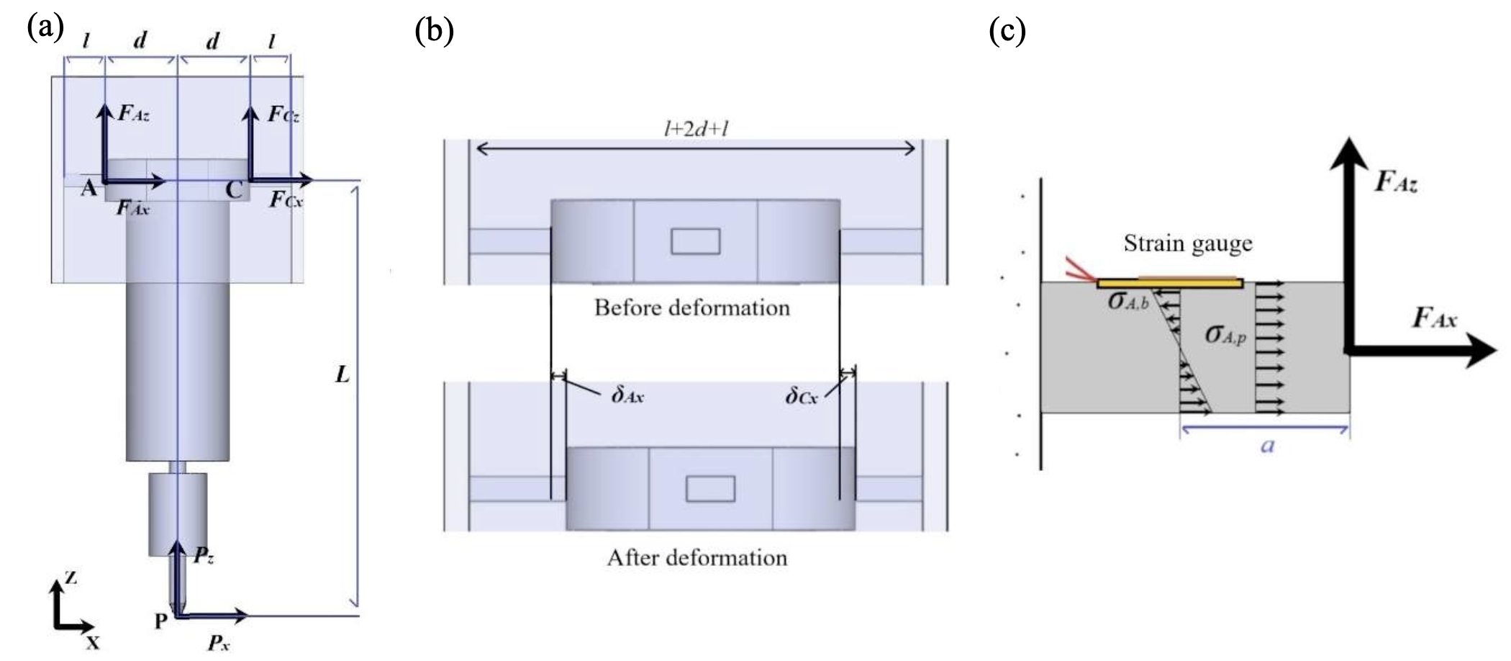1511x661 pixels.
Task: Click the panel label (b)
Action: (435, 31)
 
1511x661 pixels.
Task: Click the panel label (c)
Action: (1007, 31)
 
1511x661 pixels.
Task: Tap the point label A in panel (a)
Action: (88, 189)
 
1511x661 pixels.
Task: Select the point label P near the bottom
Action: (161, 621)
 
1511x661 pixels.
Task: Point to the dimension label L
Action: (342, 374)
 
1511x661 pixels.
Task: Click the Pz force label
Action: (203, 555)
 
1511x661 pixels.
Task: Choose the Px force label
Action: (219, 642)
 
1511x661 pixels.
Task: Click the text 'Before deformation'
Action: (691, 308)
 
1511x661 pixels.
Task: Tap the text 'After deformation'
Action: (696, 558)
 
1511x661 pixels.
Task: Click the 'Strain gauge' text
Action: (1188, 244)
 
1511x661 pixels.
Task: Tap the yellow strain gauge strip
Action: (1170, 283)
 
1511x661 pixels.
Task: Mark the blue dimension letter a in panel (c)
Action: (1268, 446)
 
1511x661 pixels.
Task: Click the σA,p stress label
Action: (1225, 335)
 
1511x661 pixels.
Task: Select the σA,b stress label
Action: (1127, 302)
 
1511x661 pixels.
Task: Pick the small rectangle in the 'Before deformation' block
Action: (695, 241)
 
